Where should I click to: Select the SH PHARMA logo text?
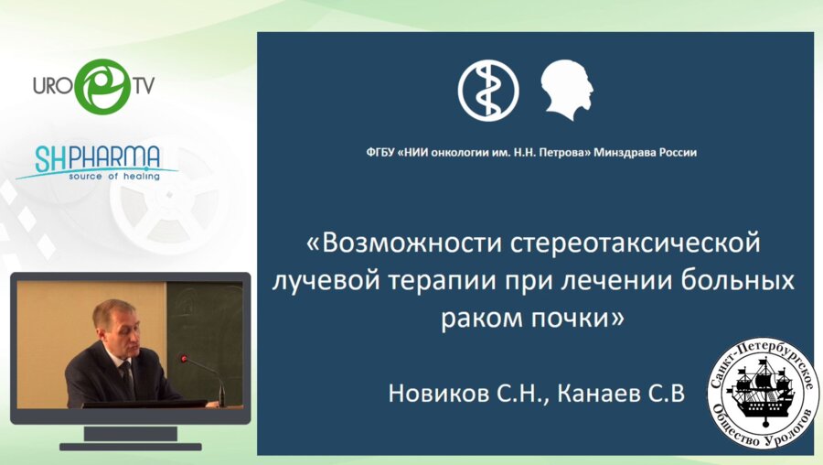(99, 157)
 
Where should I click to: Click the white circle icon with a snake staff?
(487, 92)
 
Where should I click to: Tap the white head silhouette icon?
(568, 91)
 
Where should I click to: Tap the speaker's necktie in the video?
(127, 376)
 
